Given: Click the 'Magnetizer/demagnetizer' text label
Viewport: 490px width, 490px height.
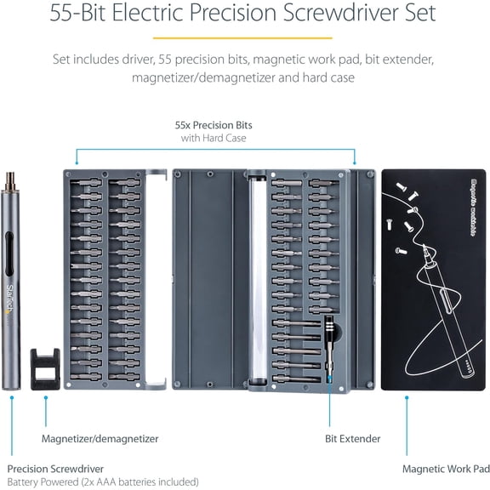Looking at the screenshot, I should click(x=100, y=439).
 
